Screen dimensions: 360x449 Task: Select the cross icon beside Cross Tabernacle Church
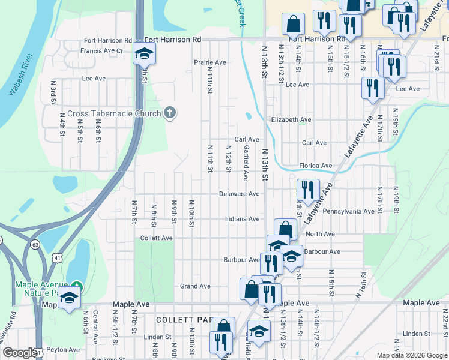[170, 113]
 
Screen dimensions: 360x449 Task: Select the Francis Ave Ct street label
[101, 51]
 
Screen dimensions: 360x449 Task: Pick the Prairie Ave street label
[209, 62]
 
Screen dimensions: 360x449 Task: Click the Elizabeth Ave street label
[291, 119]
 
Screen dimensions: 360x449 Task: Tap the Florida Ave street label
[315, 166]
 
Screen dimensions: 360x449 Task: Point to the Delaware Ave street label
[239, 194]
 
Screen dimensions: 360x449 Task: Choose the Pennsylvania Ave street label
[348, 211]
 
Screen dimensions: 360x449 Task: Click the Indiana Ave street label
[242, 220]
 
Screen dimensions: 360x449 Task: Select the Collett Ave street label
[156, 238]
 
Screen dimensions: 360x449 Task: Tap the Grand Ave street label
[195, 286]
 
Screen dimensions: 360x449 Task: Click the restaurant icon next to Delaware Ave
[307, 190]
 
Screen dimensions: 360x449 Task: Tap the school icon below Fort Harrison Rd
[143, 53]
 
